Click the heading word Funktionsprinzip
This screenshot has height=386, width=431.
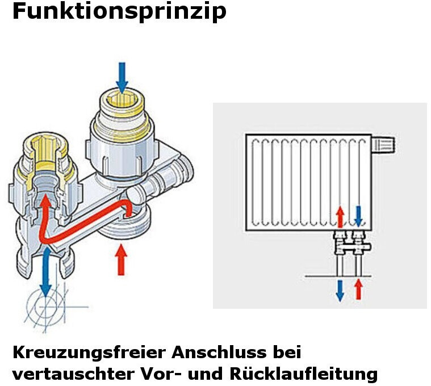[119, 12]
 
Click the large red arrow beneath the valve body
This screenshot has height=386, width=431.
[120, 260]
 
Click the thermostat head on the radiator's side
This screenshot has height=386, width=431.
[383, 144]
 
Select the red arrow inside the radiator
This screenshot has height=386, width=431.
[340, 216]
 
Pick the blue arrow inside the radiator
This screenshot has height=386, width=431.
[358, 215]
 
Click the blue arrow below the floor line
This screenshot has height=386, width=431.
[340, 289]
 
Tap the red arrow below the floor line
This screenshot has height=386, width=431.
[358, 289]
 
